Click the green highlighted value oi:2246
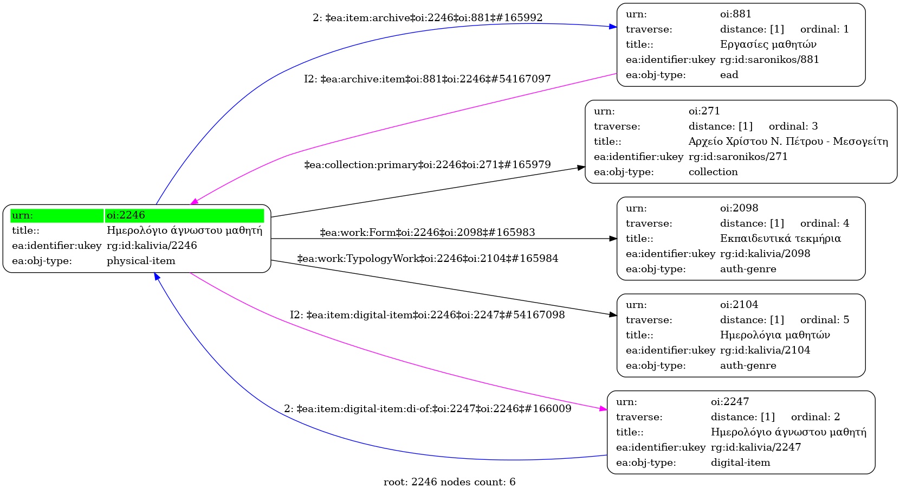click(x=126, y=215)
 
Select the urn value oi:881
click(x=735, y=14)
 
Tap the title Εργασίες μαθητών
click(x=768, y=44)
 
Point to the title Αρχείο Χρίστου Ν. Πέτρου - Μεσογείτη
click(x=788, y=142)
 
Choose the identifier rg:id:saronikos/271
click(x=738, y=157)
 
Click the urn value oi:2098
click(x=739, y=208)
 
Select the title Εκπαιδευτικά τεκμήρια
click(x=780, y=239)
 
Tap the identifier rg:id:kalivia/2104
click(x=765, y=350)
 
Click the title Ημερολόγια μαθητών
click(x=775, y=335)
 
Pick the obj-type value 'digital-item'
click(x=740, y=463)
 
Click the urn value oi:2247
click(x=730, y=402)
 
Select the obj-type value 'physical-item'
click(x=141, y=261)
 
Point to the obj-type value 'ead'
click(x=729, y=75)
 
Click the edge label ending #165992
click(x=428, y=18)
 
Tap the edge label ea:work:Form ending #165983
click(x=428, y=233)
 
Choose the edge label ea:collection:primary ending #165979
click(x=428, y=165)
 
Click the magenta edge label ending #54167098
click(x=427, y=315)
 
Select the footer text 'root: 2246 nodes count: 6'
click(x=449, y=482)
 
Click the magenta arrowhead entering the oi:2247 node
click(x=603, y=409)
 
